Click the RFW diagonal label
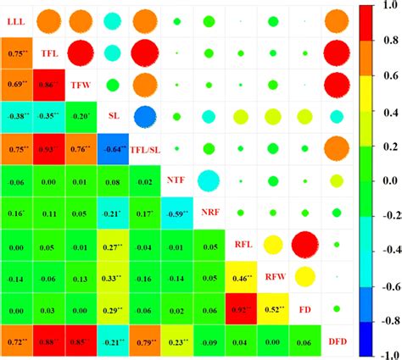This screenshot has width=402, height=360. tap(275, 275)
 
